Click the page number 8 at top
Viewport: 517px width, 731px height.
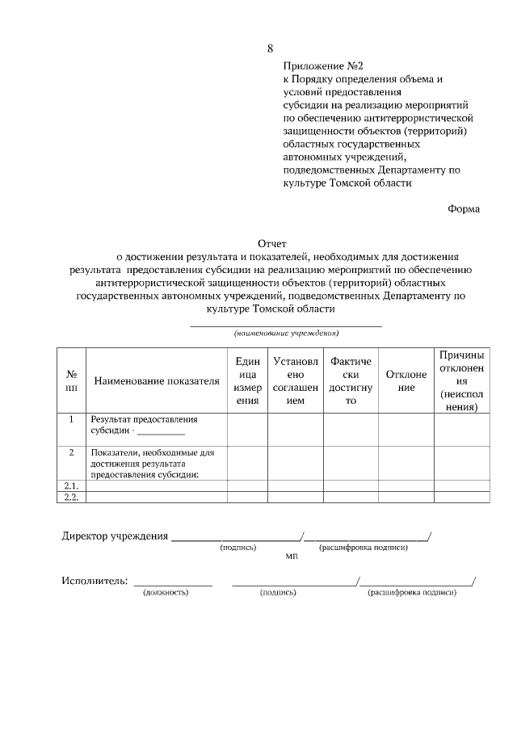coord(270,48)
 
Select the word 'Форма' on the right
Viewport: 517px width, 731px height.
coord(464,208)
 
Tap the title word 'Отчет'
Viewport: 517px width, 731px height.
coord(272,243)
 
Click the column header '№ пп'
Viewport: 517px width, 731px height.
coord(71,380)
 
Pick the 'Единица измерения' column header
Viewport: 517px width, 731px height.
coord(248,380)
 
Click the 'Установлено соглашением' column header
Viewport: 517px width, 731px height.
coord(296,380)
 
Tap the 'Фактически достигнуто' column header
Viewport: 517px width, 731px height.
coord(351,380)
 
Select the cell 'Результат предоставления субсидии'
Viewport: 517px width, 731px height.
coord(144,426)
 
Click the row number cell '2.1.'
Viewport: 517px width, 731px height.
coord(71,485)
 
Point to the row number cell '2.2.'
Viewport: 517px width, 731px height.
coord(71,498)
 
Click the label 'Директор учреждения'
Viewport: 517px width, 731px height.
coord(115,536)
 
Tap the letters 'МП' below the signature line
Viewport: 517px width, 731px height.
coord(292,557)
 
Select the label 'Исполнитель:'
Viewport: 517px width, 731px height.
coord(95,581)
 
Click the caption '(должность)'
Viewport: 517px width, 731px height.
coord(166,593)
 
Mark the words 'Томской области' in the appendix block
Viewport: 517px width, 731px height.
coord(372,183)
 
